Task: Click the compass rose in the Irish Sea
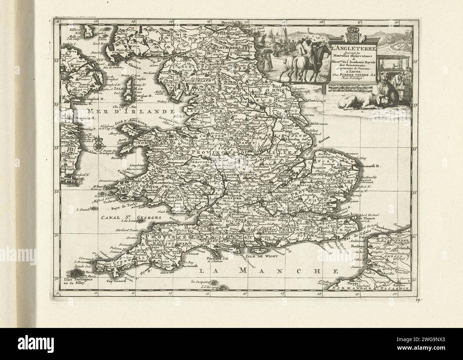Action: tap(98, 145)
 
